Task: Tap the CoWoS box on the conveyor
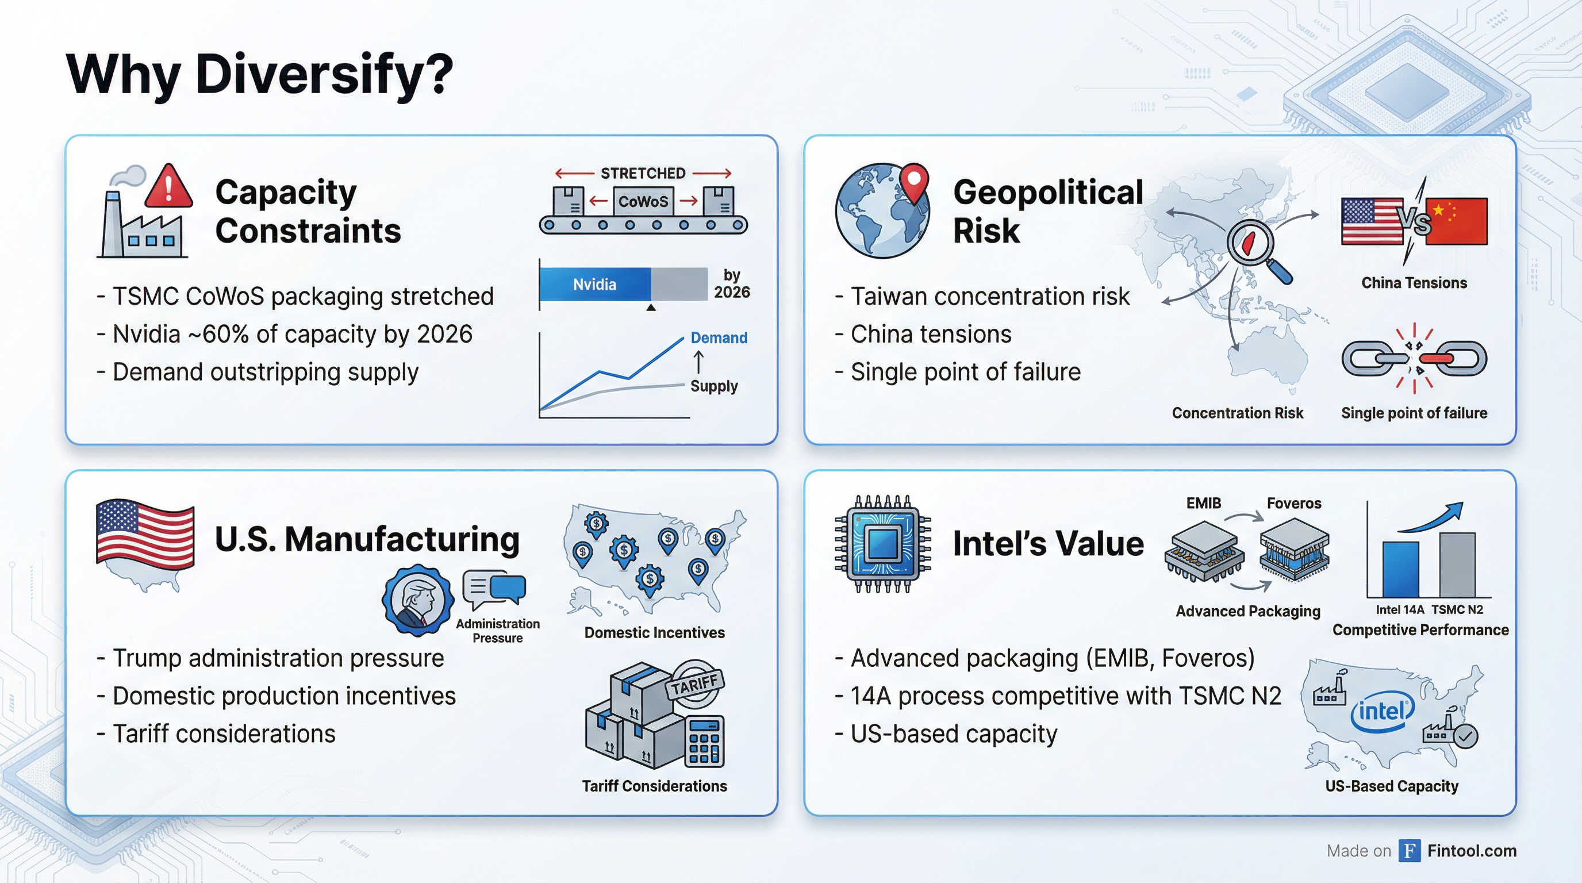pyautogui.click(x=643, y=201)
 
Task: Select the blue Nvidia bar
pyautogui.click(x=595, y=285)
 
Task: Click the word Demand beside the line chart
pyautogui.click(x=719, y=337)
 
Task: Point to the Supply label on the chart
pyautogui.click(x=713, y=386)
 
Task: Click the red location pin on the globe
pyautogui.click(x=915, y=182)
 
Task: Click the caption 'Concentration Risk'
pyautogui.click(x=1238, y=413)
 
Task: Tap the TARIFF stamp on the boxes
pyautogui.click(x=694, y=682)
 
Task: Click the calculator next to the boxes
pyautogui.click(x=704, y=741)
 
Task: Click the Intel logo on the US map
pyautogui.click(x=1383, y=712)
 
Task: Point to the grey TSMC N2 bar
pyautogui.click(x=1457, y=565)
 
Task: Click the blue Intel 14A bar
pyautogui.click(x=1401, y=569)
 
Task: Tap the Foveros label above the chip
pyautogui.click(x=1294, y=503)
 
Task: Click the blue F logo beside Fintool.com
pyautogui.click(x=1410, y=850)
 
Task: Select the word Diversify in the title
pyautogui.click(x=324, y=74)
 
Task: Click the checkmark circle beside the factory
pyautogui.click(x=1466, y=736)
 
